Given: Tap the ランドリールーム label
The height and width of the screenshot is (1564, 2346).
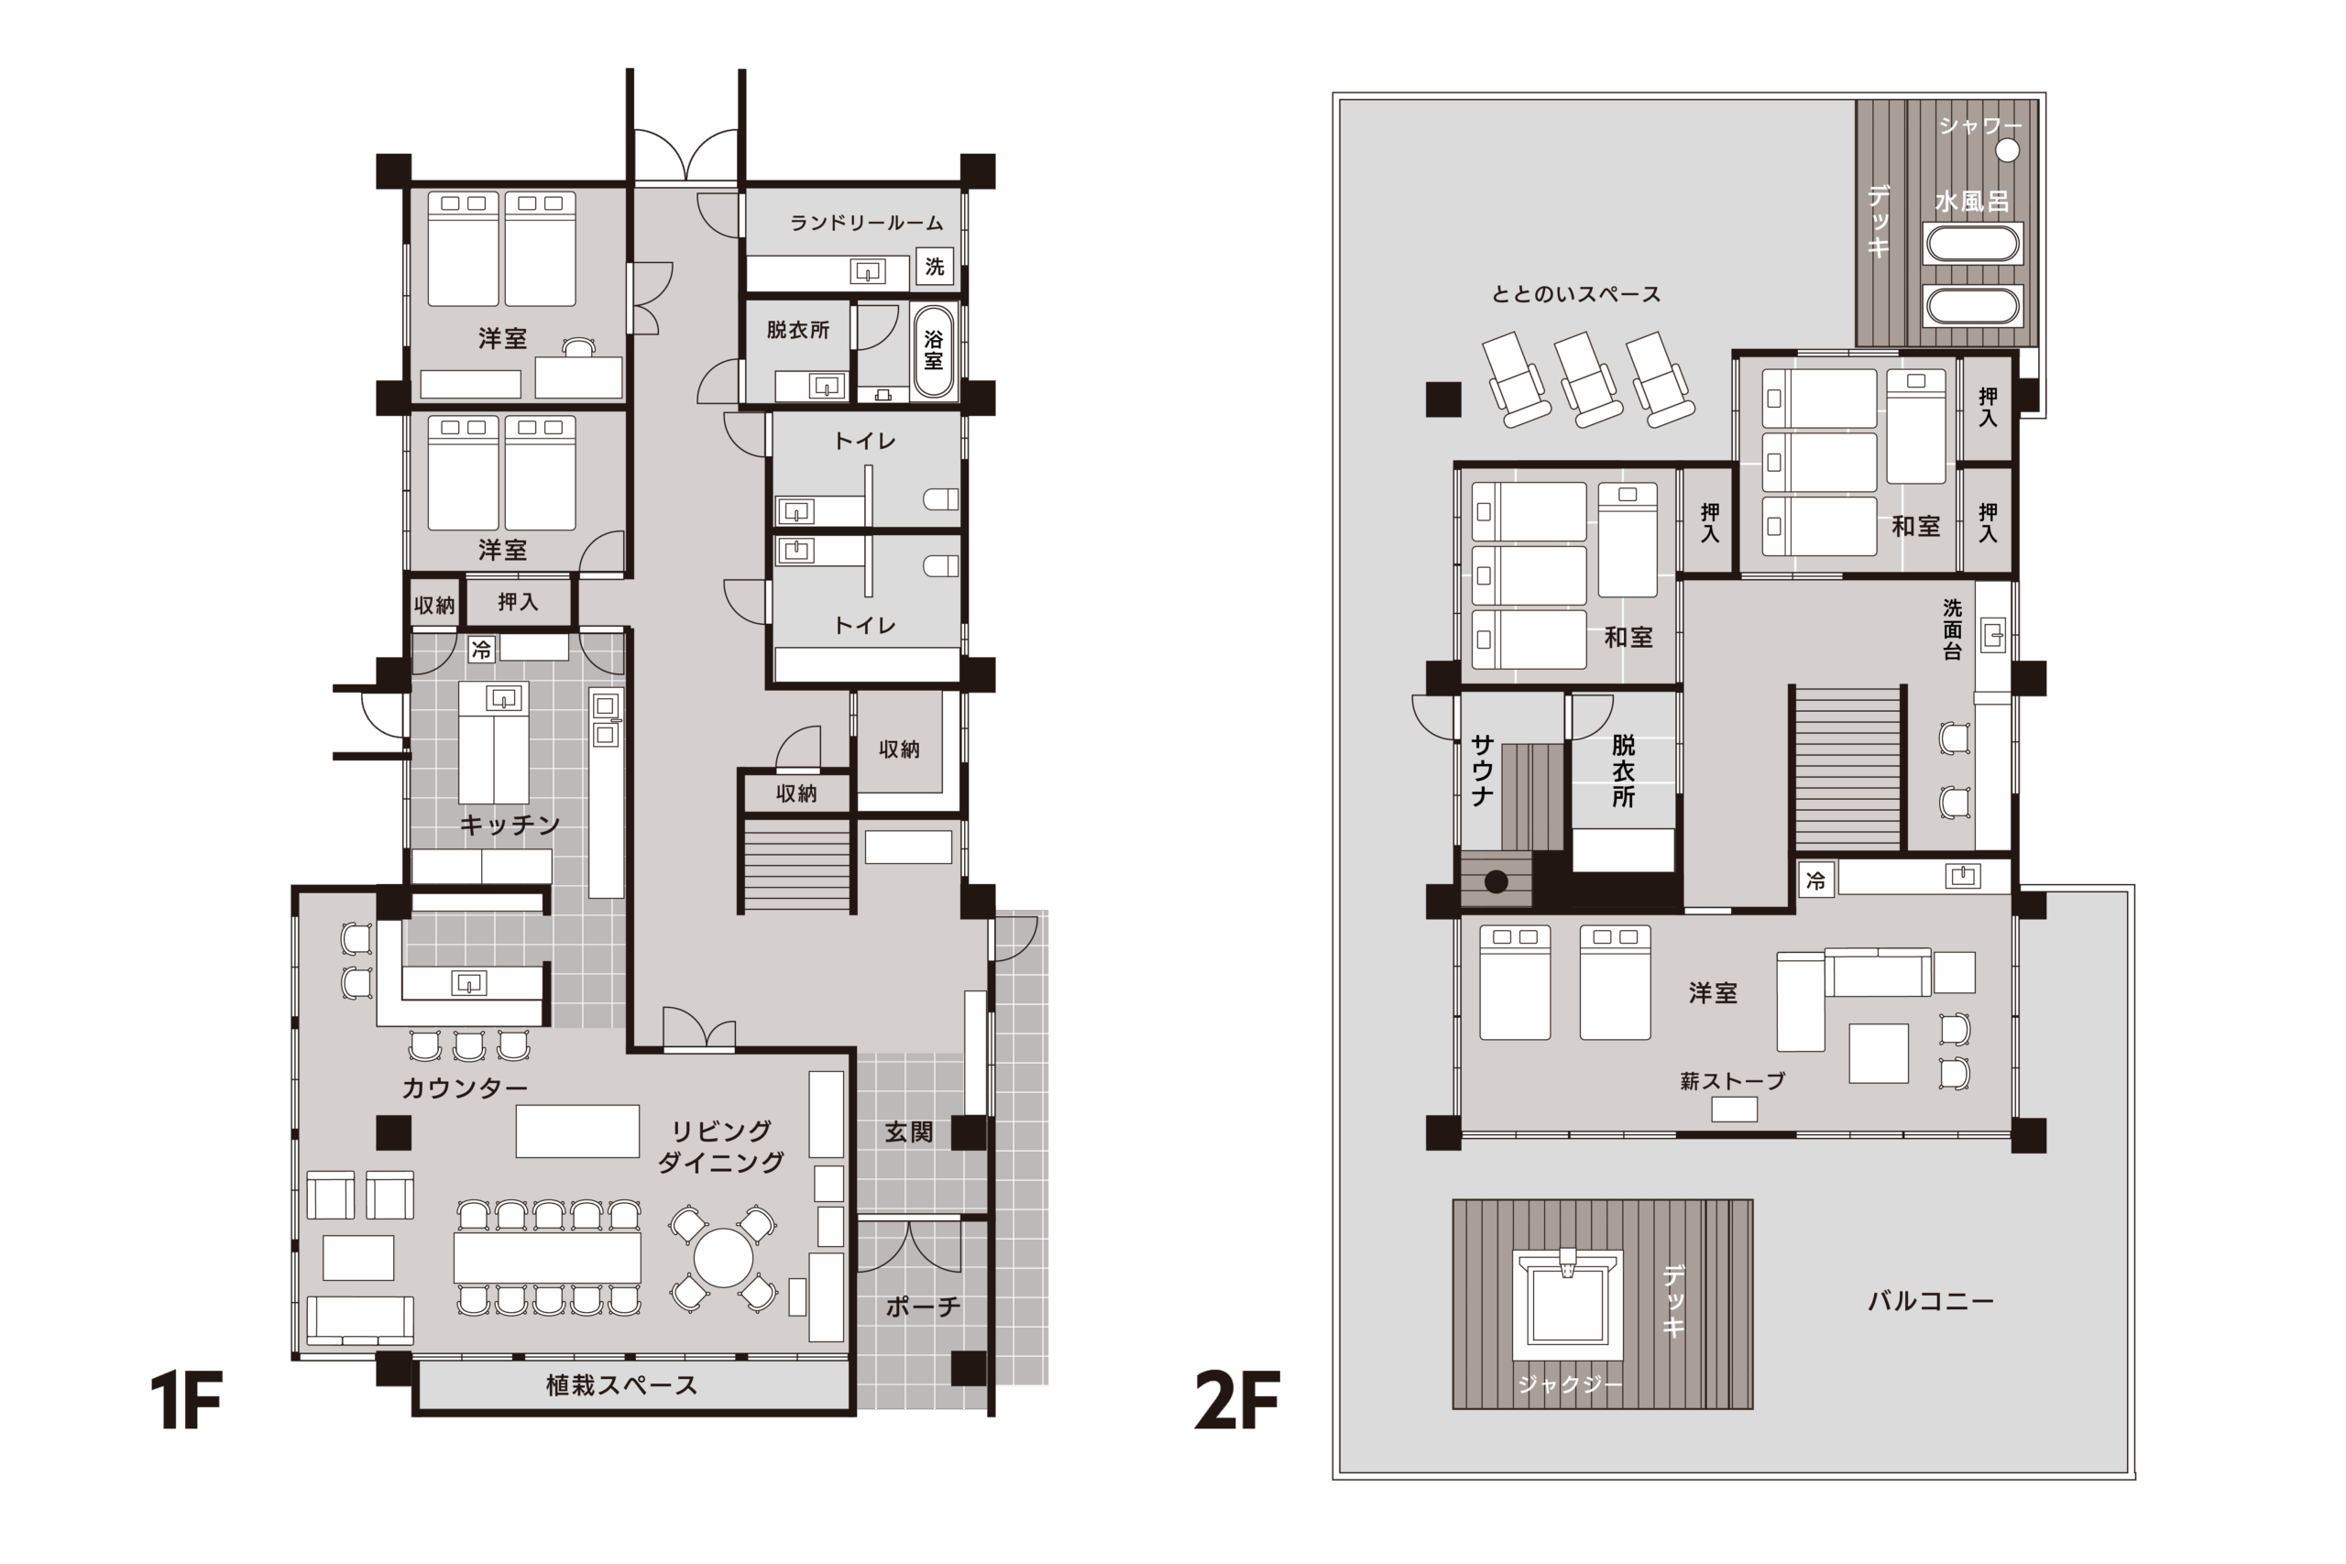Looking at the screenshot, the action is (x=866, y=223).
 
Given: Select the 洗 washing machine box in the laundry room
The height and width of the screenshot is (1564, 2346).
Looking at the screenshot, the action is (x=935, y=267).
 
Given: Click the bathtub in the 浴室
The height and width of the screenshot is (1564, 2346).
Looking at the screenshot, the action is (x=934, y=351).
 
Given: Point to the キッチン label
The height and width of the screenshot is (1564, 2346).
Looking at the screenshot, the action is (x=510, y=825).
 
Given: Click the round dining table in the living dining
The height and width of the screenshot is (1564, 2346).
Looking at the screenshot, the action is (x=723, y=1259).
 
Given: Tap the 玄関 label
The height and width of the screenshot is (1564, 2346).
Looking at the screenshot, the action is (x=909, y=1132).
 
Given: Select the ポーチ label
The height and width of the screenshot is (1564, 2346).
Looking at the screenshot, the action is (x=923, y=1307).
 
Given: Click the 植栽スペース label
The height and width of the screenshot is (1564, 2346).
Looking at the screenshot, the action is (x=621, y=1384).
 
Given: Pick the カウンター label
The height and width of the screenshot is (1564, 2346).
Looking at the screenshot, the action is (x=465, y=1088).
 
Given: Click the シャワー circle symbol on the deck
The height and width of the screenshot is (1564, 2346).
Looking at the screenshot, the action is (x=2007, y=150).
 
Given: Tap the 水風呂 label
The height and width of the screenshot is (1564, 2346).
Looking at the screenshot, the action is (x=1972, y=202).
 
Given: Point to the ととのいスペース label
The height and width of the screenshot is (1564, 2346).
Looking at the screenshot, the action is (x=1576, y=294).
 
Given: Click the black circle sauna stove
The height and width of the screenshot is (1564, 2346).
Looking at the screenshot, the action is (x=1496, y=881).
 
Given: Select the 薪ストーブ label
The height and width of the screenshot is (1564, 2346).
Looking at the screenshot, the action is (x=1733, y=1081).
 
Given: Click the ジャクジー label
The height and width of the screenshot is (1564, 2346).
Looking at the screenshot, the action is (x=1570, y=1384).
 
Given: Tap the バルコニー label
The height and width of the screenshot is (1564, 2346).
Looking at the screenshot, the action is (x=1931, y=1301).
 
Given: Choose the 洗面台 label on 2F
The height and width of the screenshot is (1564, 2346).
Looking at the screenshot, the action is (x=1952, y=629).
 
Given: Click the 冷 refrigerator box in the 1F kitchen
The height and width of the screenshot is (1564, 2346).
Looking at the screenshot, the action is (x=482, y=651).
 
